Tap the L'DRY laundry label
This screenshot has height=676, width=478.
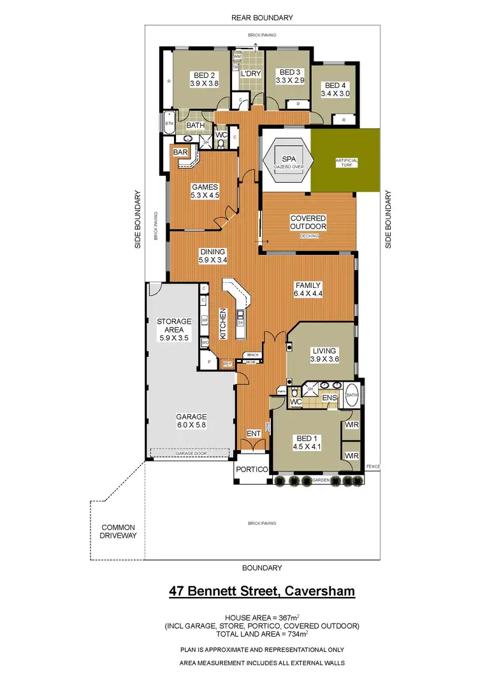[x=251, y=74]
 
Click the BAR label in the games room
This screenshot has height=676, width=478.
[x=180, y=152]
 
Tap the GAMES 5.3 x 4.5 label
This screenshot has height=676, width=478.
[x=205, y=192]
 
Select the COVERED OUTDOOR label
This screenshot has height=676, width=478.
[x=308, y=222]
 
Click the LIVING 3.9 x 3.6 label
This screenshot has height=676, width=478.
[x=324, y=355]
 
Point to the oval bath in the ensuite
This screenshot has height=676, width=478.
[x=352, y=396]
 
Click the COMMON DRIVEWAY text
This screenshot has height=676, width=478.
[x=119, y=532]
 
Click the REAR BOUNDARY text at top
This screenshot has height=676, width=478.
[x=262, y=18]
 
